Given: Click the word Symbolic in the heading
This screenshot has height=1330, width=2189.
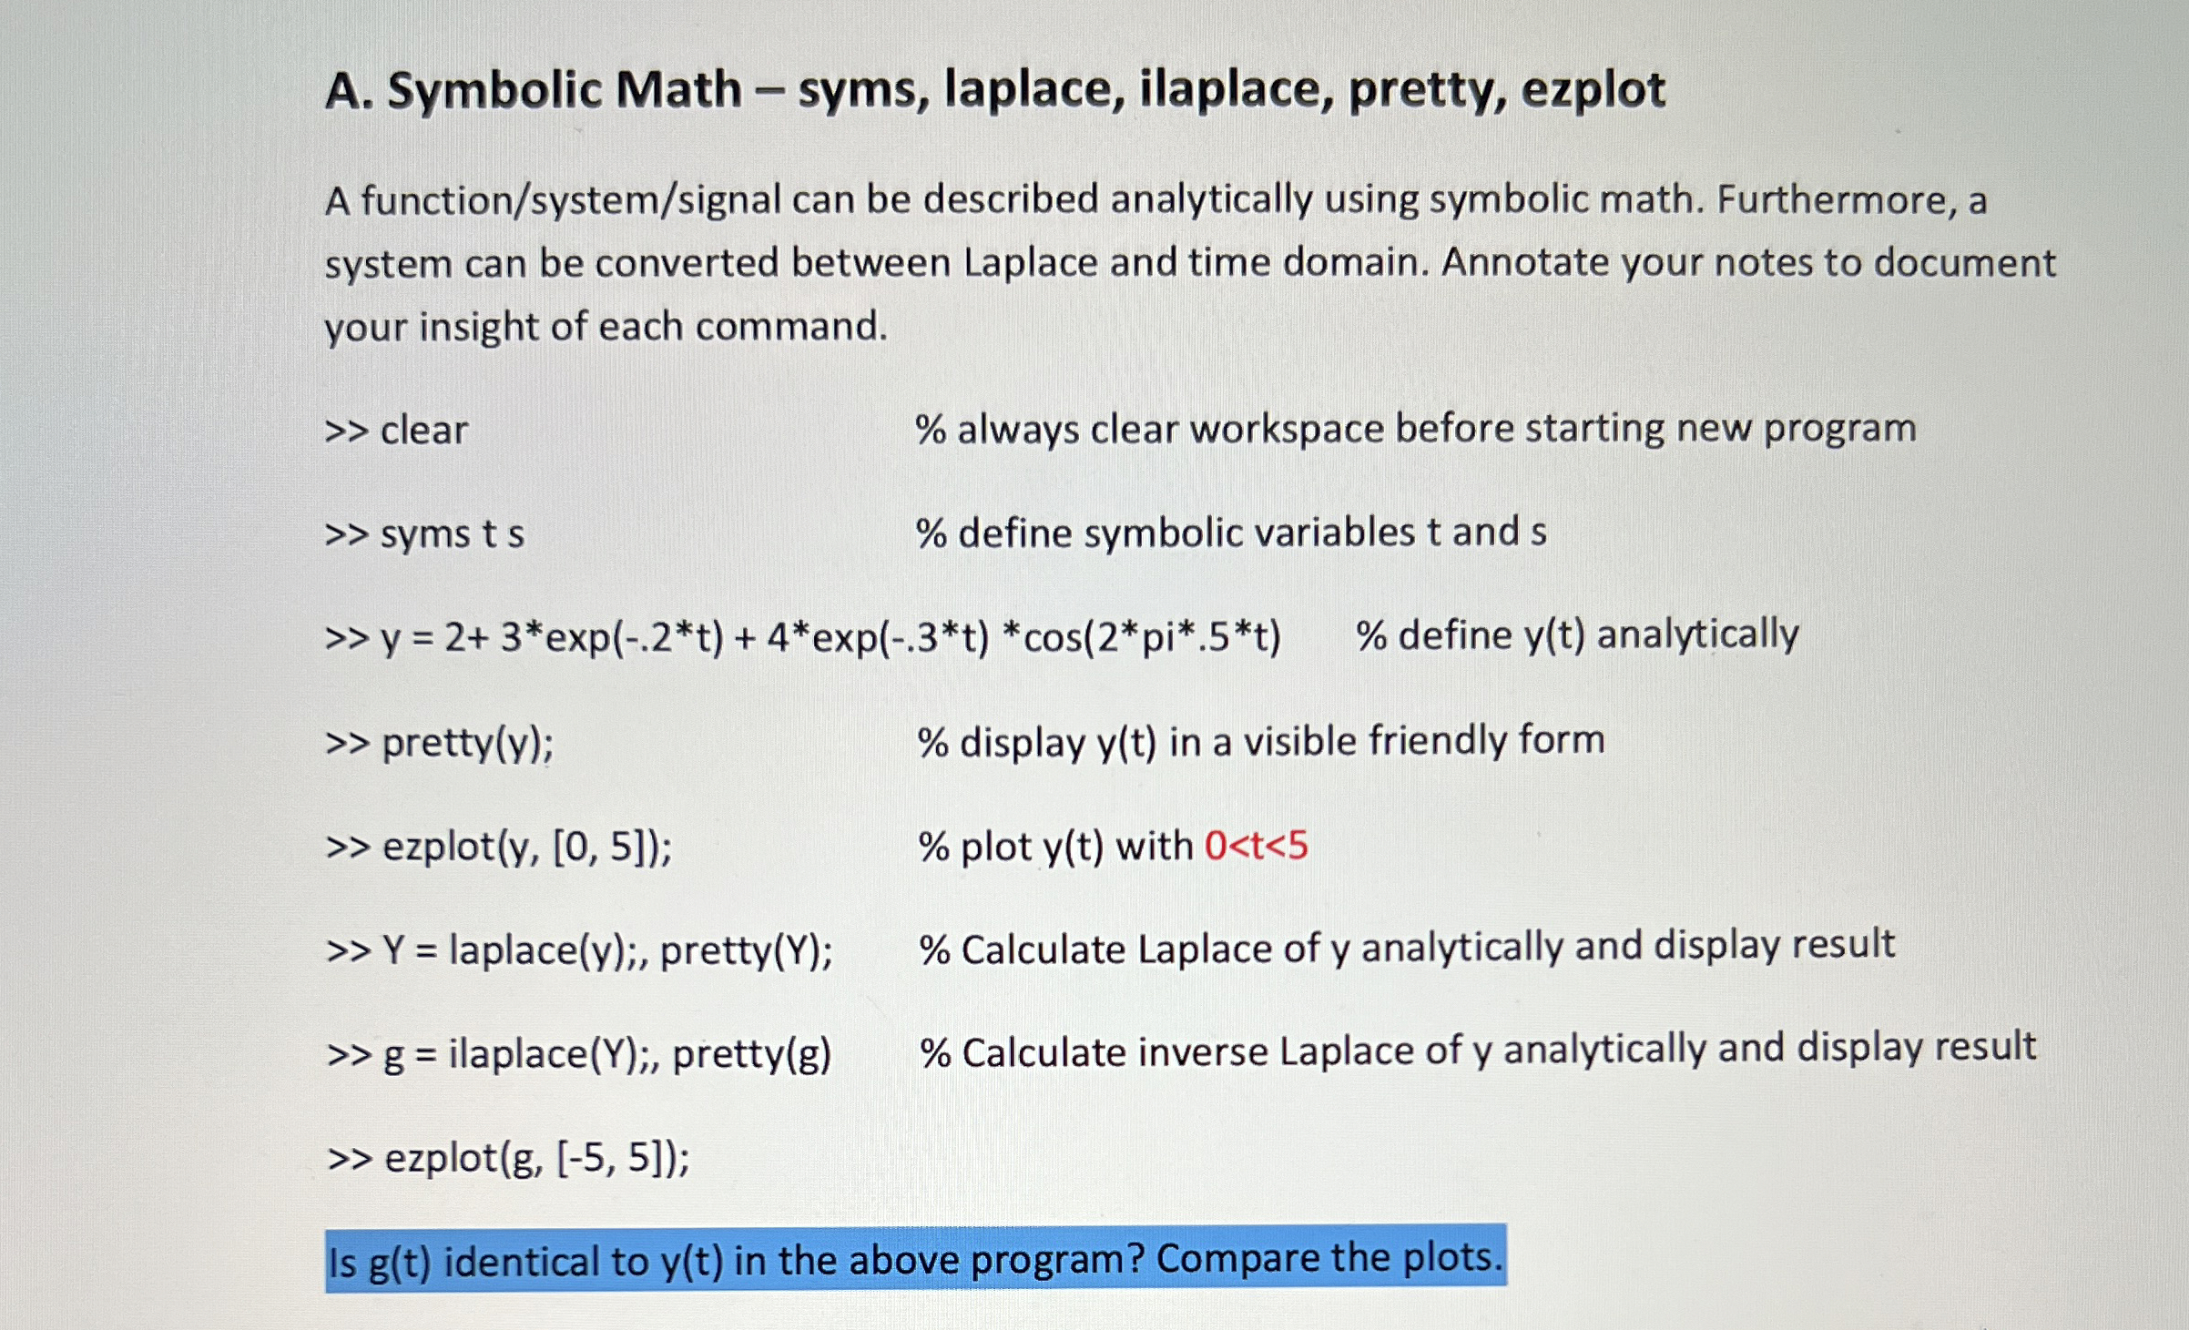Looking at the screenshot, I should (565, 91).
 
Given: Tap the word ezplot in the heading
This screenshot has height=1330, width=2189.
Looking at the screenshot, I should (1593, 91).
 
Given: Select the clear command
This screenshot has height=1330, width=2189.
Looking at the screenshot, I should (423, 430).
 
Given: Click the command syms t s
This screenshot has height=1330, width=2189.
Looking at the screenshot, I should (452, 534).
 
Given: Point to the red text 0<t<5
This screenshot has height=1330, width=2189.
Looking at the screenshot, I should (1256, 847).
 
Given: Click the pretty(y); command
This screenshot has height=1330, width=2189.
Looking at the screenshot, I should (467, 743).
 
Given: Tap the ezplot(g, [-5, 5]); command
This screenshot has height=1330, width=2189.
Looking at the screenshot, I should (537, 1158).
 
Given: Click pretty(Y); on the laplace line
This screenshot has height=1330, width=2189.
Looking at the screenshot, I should (746, 950).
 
